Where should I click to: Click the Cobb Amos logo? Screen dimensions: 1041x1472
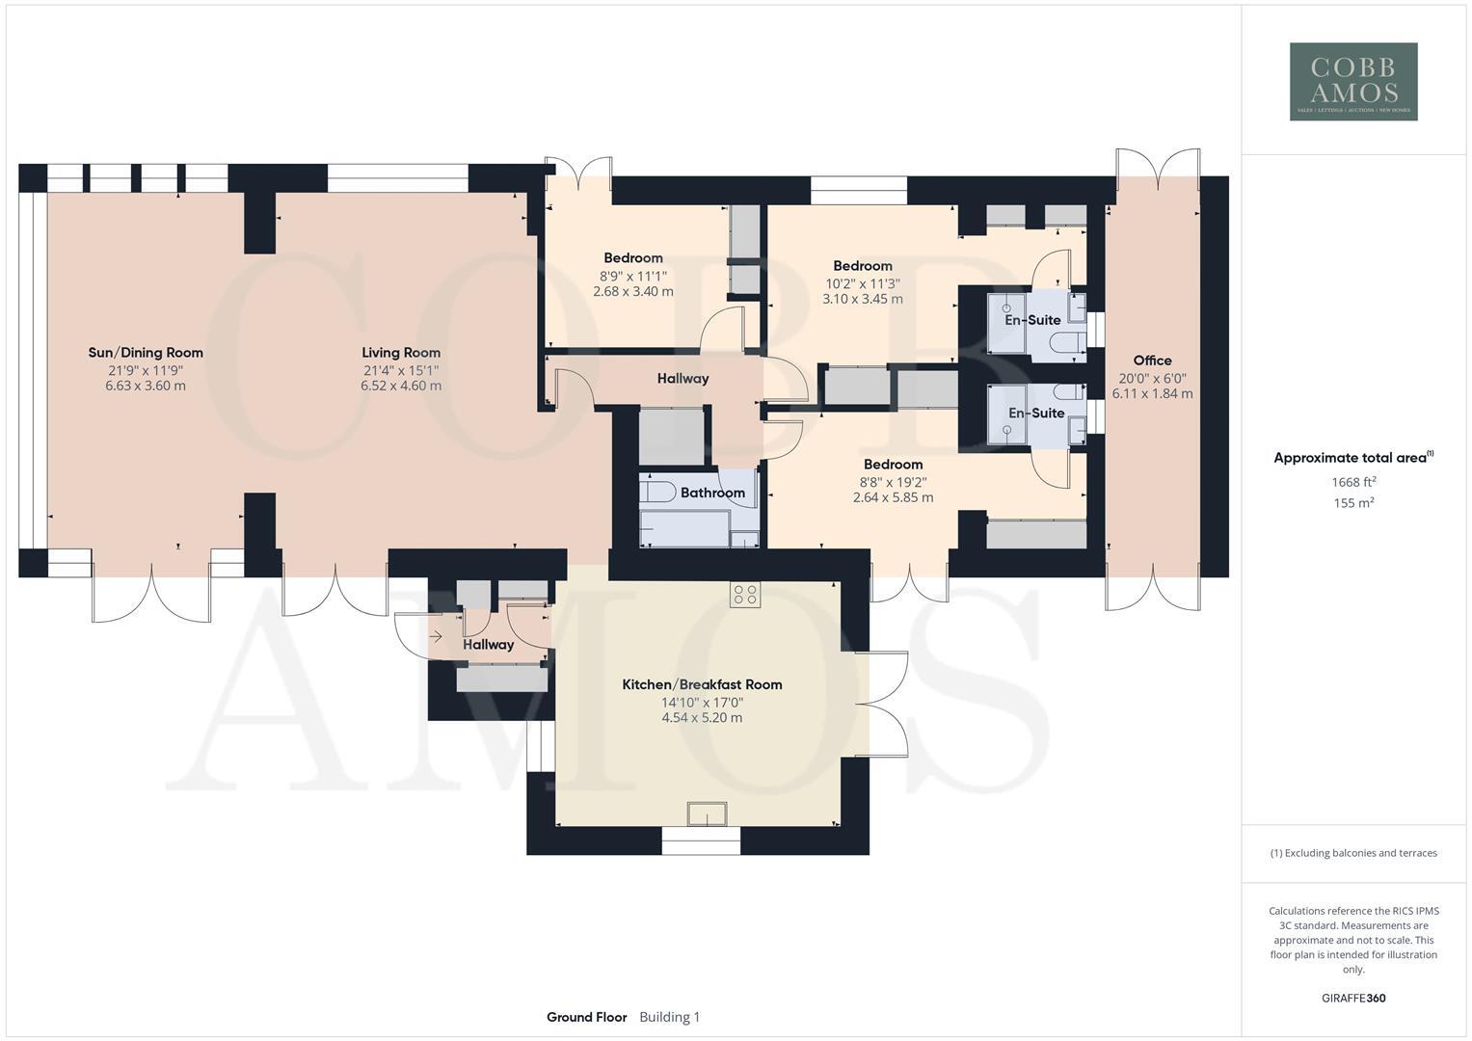pyautogui.click(x=1353, y=81)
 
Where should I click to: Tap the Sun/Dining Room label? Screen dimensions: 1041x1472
pyautogui.click(x=146, y=353)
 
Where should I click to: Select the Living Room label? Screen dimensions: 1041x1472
pyautogui.click(x=401, y=353)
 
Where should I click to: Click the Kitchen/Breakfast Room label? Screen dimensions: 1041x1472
pyautogui.click(x=702, y=684)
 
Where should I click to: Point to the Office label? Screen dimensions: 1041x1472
pyautogui.click(x=1152, y=360)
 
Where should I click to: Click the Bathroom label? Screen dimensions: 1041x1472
pyautogui.click(x=712, y=493)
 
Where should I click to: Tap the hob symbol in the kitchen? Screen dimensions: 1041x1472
pyautogui.click(x=744, y=595)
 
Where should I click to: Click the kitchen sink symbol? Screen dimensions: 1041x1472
pyautogui.click(x=707, y=814)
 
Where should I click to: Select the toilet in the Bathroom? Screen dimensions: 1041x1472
pyautogui.click(x=656, y=492)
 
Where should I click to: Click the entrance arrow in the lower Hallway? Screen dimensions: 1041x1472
pyautogui.click(x=436, y=636)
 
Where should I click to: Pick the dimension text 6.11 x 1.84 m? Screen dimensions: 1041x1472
pyautogui.click(x=1152, y=394)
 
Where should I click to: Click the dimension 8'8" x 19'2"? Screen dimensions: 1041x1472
pyautogui.click(x=893, y=482)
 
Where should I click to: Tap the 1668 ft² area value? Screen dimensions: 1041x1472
pyautogui.click(x=1353, y=482)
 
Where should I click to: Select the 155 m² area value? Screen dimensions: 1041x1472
pyautogui.click(x=1353, y=503)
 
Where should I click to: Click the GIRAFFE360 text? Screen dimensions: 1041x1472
pyautogui.click(x=1353, y=999)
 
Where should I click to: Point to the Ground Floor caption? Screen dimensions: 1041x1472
pyautogui.click(x=586, y=1017)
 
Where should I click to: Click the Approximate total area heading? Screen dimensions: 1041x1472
pyautogui.click(x=1352, y=459)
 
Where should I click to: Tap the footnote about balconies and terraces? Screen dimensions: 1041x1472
pyautogui.click(x=1353, y=853)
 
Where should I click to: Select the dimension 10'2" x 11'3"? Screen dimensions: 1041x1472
pyautogui.click(x=862, y=283)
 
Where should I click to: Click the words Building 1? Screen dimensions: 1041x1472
pyautogui.click(x=669, y=1017)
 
